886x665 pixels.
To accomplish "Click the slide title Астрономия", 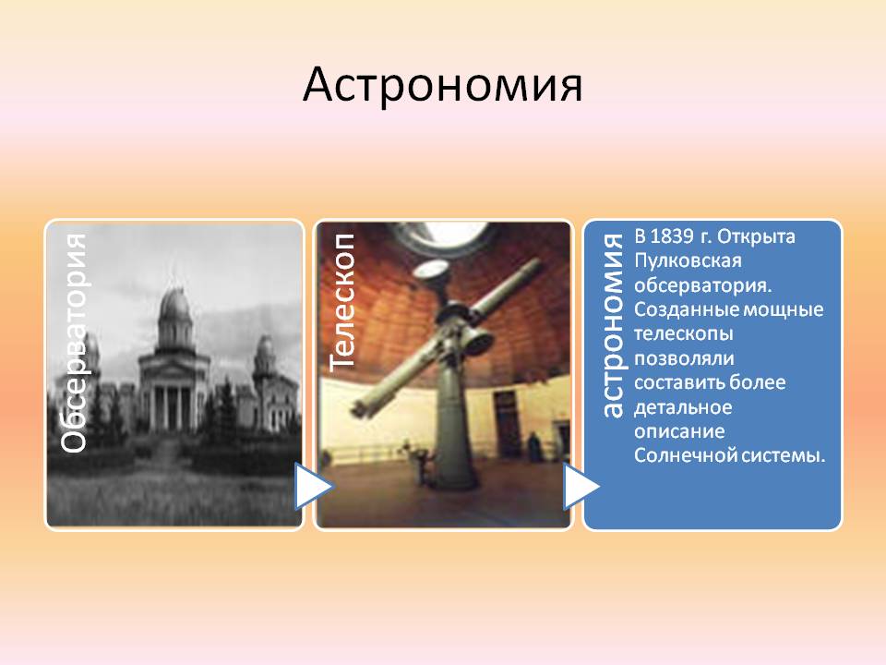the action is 442,85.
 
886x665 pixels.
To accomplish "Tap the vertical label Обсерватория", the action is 74,344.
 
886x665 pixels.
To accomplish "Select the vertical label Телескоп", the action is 342,303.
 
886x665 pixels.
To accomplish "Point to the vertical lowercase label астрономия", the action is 613,326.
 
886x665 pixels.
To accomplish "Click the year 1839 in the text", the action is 671,236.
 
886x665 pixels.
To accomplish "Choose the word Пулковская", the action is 687,260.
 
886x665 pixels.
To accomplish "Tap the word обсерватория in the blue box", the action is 702,285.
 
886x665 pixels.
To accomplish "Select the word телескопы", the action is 683,334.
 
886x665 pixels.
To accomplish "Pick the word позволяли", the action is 684,358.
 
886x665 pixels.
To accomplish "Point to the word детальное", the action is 683,407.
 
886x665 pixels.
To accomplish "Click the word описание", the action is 679,431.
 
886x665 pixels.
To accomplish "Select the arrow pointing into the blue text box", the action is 580,486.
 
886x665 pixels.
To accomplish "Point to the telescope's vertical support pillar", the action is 457,429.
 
